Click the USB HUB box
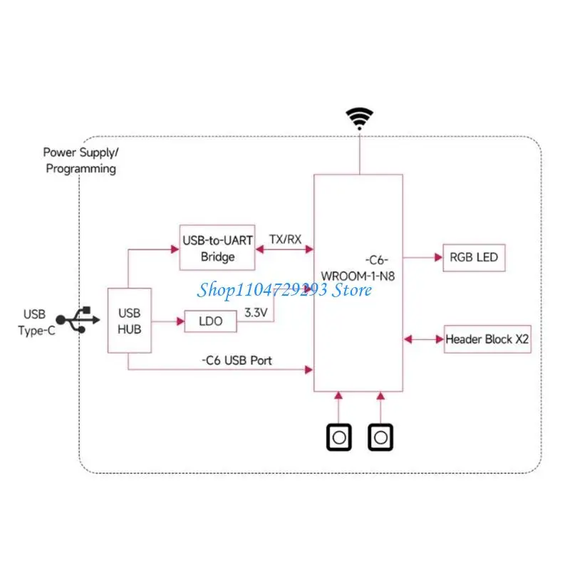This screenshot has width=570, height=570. pyautogui.click(x=129, y=320)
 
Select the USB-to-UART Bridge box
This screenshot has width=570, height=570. pyautogui.click(x=217, y=248)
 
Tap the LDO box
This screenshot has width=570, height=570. pyautogui.click(x=210, y=321)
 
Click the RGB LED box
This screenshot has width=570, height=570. pyautogui.click(x=475, y=258)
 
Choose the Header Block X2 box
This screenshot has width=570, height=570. pyautogui.click(x=487, y=339)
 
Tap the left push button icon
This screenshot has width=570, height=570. pyautogui.click(x=339, y=436)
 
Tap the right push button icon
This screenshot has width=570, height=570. pyautogui.click(x=381, y=436)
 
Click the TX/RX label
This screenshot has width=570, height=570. pyautogui.click(x=284, y=239)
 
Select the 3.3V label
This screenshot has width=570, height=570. pyautogui.click(x=256, y=312)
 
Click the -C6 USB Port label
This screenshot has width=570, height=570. pyautogui.click(x=236, y=361)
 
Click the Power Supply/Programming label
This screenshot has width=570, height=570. pyautogui.click(x=80, y=160)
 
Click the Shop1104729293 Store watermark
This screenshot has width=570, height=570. pyautogui.click(x=285, y=289)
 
